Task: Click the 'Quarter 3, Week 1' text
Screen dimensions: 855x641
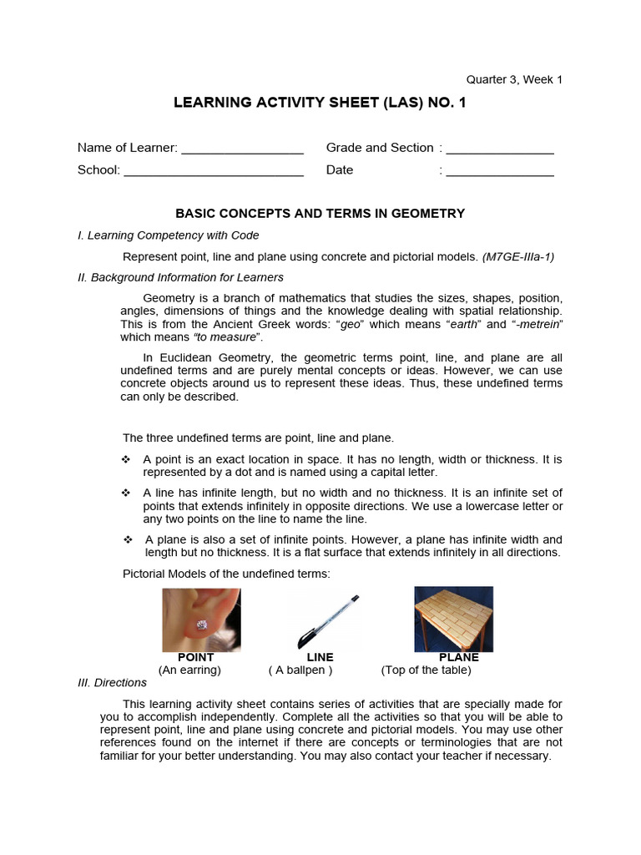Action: coord(514,79)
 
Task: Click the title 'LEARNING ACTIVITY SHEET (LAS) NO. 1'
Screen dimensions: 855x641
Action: coord(320,103)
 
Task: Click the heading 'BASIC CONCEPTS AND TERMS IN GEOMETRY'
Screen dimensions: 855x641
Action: coord(320,214)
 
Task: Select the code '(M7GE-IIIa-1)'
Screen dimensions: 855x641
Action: coord(517,256)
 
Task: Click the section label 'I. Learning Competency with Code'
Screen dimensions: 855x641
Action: coord(168,235)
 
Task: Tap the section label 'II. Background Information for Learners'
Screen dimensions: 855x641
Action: coord(180,277)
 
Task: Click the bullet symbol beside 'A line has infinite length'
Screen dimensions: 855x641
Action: coord(127,493)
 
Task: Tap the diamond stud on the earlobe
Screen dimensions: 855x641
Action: coord(201,624)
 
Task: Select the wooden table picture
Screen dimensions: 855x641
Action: coord(453,619)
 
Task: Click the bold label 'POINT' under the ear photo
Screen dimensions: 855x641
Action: coord(196,657)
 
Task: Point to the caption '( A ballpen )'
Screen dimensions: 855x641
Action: coord(300,670)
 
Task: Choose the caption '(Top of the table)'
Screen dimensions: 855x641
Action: coord(426,670)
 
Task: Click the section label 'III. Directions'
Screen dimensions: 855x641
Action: coord(112,682)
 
